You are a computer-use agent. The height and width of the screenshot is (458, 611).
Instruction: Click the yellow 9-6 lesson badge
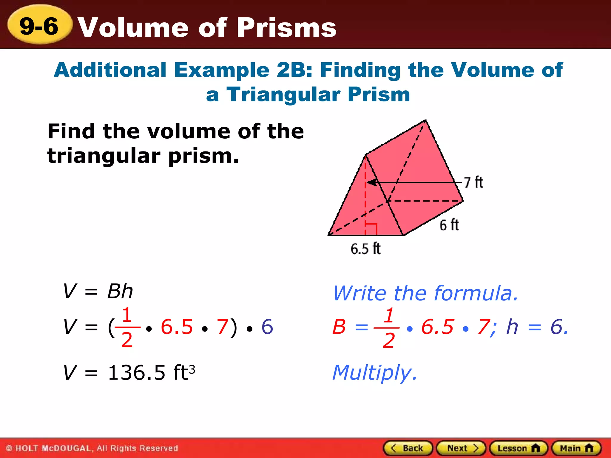[x=39, y=25]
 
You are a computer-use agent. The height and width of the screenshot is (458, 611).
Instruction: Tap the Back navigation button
[x=408, y=448]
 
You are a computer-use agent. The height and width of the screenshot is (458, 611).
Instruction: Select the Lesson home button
[x=519, y=448]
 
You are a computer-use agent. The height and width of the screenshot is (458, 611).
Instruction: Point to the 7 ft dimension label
[x=473, y=182]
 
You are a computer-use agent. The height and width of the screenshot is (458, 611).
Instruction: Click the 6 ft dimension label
[x=449, y=225]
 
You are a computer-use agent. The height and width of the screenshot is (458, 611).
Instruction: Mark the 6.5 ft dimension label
[x=365, y=249]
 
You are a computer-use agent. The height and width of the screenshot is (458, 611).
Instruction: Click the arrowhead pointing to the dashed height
[x=371, y=182]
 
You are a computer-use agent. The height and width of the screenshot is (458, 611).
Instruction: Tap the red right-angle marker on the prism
[x=371, y=229]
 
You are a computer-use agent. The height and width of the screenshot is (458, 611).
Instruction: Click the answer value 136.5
[x=137, y=372]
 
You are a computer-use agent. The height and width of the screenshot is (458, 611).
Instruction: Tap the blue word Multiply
[x=374, y=373]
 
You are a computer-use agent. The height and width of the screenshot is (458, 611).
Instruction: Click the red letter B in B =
[x=339, y=327]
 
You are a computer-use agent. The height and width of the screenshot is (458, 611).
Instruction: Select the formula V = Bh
[x=98, y=291]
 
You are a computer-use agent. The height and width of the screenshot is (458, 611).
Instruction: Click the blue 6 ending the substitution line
[x=267, y=327]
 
